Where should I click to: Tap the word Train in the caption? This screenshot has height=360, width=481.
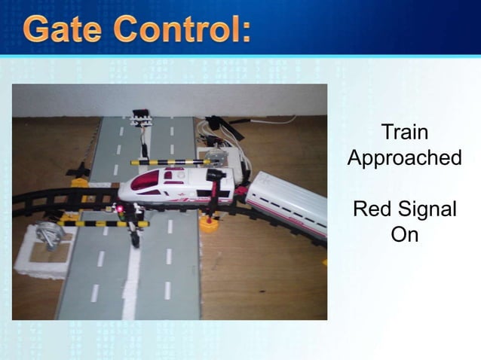pyautogui.click(x=404, y=133)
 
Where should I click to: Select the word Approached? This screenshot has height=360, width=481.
pyautogui.click(x=404, y=158)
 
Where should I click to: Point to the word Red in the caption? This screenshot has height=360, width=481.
pyautogui.click(x=373, y=209)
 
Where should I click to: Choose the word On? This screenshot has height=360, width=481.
pyautogui.click(x=404, y=234)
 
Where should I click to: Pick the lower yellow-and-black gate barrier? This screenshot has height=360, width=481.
pyautogui.click(x=98, y=224)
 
